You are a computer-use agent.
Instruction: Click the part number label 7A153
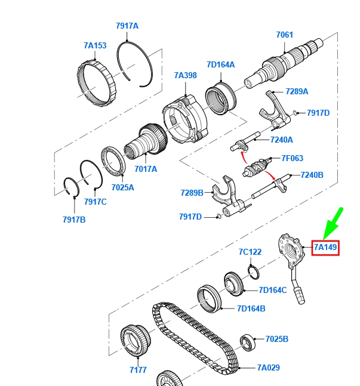(95, 45)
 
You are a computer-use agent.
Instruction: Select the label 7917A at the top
(127, 26)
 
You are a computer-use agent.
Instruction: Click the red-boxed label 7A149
(326, 247)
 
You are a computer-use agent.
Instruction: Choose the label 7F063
(292, 159)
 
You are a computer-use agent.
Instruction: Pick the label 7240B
(311, 175)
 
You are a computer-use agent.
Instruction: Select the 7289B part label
(192, 193)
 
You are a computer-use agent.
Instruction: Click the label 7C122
(250, 252)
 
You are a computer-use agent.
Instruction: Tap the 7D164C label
(273, 290)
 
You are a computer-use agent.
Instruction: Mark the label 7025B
(276, 339)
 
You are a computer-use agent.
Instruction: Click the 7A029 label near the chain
(268, 368)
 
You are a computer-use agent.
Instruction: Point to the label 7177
(138, 370)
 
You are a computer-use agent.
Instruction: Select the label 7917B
(74, 220)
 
